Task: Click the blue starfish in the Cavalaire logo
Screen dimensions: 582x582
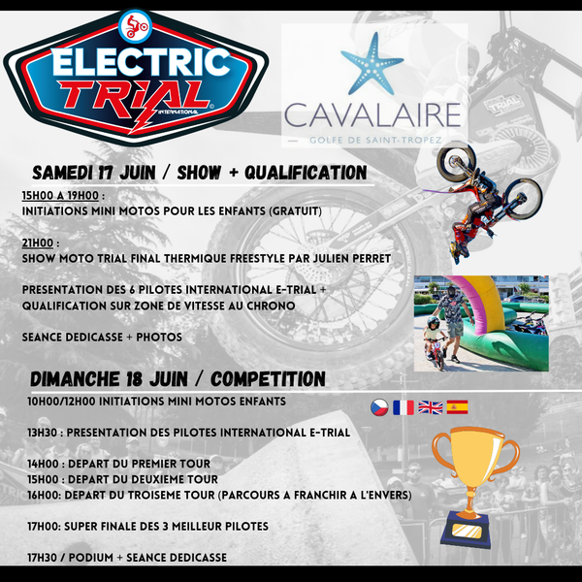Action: point(372,63)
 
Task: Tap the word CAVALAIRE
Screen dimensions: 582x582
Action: point(372,115)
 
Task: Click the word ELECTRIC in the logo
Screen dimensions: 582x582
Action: point(141,62)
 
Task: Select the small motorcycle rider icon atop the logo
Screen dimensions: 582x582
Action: point(135,26)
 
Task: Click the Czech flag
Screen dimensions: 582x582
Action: point(379,407)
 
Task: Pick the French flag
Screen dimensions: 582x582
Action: point(404,407)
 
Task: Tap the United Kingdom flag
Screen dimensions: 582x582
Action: point(430,407)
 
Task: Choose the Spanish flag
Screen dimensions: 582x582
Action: point(457,407)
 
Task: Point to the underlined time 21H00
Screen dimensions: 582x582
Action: point(38,243)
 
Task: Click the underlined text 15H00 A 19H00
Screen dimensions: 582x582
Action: point(60,196)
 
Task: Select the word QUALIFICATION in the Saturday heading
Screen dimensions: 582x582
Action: point(306,173)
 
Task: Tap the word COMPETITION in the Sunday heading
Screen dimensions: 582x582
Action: point(268,379)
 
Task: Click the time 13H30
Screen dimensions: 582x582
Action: point(42,433)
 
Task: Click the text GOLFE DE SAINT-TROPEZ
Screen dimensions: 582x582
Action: point(375,141)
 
